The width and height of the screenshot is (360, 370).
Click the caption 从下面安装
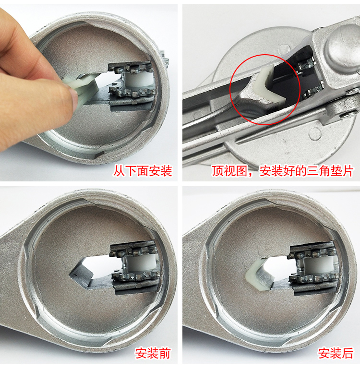point(143,171)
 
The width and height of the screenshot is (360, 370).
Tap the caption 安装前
point(153,353)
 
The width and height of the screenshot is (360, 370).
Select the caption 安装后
point(336,353)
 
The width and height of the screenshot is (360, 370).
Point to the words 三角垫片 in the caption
point(330,171)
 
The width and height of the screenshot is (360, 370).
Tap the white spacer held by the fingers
point(84,88)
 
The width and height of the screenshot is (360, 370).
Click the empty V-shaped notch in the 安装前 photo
point(82,274)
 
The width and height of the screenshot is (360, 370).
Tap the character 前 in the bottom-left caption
point(165,353)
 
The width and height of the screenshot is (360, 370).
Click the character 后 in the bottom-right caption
point(348,353)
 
